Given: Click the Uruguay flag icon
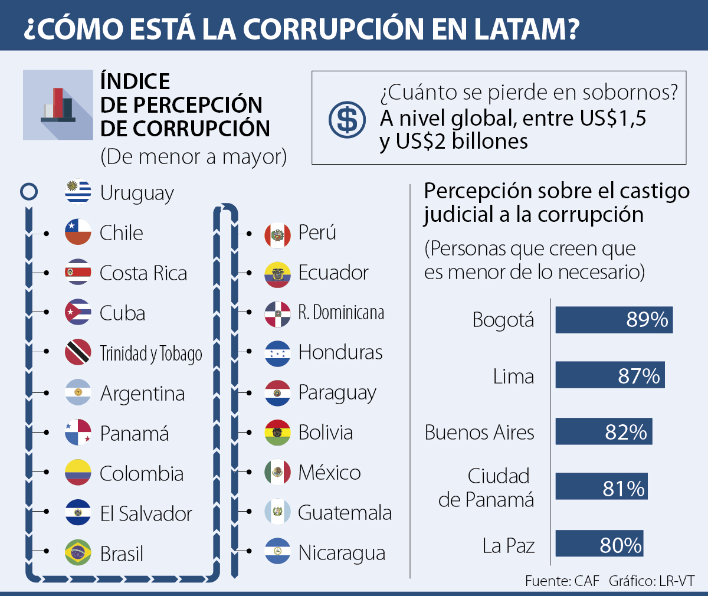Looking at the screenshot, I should click(x=78, y=192).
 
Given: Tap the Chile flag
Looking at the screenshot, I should click(x=78, y=232).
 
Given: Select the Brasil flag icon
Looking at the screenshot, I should click(x=78, y=553).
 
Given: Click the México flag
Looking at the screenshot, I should click(x=277, y=472).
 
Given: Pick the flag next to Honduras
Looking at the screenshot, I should click(x=277, y=352).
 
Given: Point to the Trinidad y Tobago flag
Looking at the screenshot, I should click(x=78, y=352).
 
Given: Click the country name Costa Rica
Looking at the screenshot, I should click(x=143, y=273).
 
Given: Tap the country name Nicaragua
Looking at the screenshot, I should click(x=342, y=553).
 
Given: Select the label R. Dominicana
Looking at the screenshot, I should click(x=341, y=312).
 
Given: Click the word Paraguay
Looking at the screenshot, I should click(x=337, y=393).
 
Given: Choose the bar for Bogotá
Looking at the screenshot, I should click(x=614, y=320).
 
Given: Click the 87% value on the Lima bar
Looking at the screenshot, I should click(x=638, y=376).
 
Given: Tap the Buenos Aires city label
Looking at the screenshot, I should click(x=479, y=433).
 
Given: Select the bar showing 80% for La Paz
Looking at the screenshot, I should click(x=599, y=544).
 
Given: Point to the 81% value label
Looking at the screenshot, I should click(x=623, y=489).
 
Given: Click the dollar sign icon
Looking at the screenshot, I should click(x=347, y=120).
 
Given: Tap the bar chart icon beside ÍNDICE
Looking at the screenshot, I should click(x=58, y=105).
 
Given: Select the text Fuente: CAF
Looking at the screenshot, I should click(x=562, y=581).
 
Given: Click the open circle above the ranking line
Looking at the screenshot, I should click(x=29, y=192).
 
